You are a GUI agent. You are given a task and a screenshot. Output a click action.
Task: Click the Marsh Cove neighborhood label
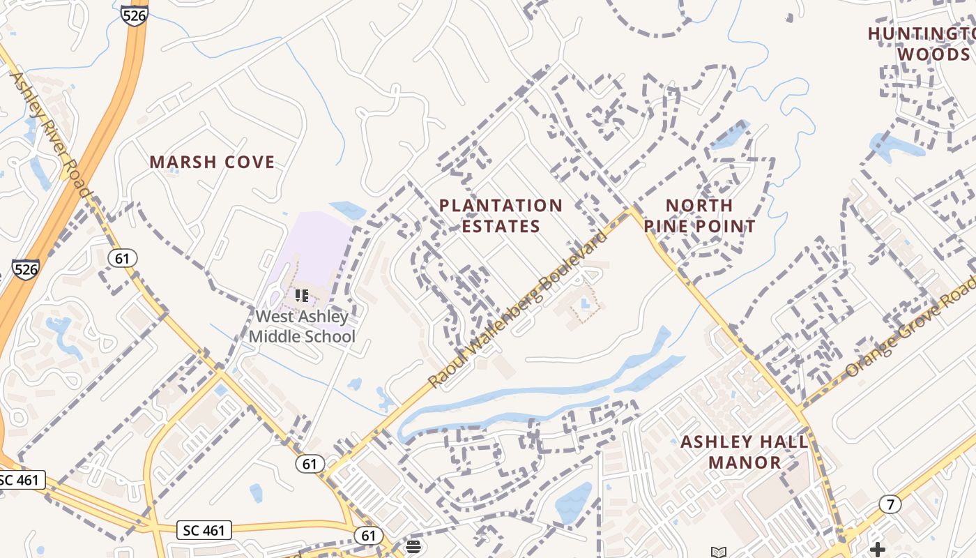coord(212,163)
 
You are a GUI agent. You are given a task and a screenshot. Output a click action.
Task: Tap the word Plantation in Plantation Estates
coord(500,206)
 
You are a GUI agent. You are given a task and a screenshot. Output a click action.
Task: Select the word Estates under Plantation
coord(500,227)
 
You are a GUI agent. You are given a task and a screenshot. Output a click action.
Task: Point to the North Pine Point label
coord(699,216)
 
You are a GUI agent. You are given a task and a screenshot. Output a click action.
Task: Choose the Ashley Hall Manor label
coord(745,452)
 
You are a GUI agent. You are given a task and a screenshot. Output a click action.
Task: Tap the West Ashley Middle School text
coord(302,326)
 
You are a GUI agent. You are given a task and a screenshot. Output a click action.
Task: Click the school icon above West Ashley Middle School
coord(301,296)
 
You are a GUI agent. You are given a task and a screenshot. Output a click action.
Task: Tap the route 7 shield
coord(889,504)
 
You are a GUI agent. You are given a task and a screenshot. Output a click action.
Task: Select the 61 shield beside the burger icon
coord(368,536)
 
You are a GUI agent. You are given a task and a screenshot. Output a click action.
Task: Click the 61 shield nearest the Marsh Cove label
coord(122,258)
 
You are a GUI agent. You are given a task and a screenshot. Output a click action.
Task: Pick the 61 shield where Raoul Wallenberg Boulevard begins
coord(309,463)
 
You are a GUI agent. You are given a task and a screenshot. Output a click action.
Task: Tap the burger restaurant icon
coord(413,545)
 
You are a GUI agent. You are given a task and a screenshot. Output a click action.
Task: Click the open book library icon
coord(718,552)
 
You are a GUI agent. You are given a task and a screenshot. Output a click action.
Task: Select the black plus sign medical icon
coord(877,550)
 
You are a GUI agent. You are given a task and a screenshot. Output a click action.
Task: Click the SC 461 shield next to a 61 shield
coord(204,530)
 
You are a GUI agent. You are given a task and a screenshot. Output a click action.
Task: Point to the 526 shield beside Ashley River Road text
coord(25,270)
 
